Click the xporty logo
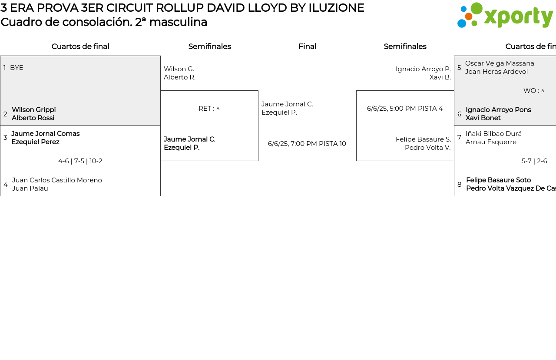(x=505, y=16)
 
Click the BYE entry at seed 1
(x=17, y=68)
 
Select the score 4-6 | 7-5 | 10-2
(x=80, y=161)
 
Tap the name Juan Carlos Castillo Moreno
(x=57, y=180)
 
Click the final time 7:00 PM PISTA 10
(x=307, y=144)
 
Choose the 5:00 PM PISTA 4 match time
(x=405, y=109)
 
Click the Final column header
(x=307, y=46)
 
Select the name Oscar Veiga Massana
(x=500, y=63)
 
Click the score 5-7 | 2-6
(x=534, y=161)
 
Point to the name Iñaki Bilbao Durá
(x=493, y=134)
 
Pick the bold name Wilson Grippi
(x=33, y=110)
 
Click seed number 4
(x=6, y=185)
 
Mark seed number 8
(x=460, y=185)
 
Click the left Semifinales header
(x=209, y=46)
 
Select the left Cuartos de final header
(x=80, y=46)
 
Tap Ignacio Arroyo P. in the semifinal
(x=423, y=69)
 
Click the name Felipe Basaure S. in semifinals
(x=423, y=139)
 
